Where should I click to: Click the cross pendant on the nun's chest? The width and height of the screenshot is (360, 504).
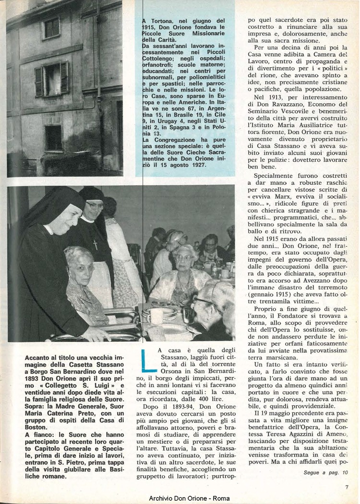[x=95, y=245]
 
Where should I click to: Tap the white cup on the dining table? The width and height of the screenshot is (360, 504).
[x=156, y=315]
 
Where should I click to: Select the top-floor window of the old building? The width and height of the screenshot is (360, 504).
[x=51, y=28]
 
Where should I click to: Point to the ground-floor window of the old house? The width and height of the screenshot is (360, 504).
[x=53, y=138]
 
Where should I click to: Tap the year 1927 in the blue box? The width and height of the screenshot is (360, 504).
[x=197, y=165]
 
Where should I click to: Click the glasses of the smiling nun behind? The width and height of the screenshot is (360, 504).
[x=95, y=205]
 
